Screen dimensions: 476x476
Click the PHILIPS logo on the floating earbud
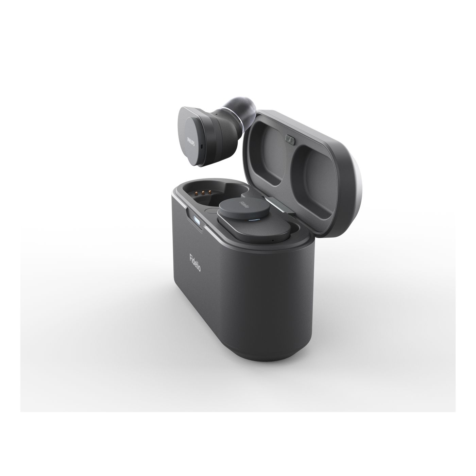coord(190,140)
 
